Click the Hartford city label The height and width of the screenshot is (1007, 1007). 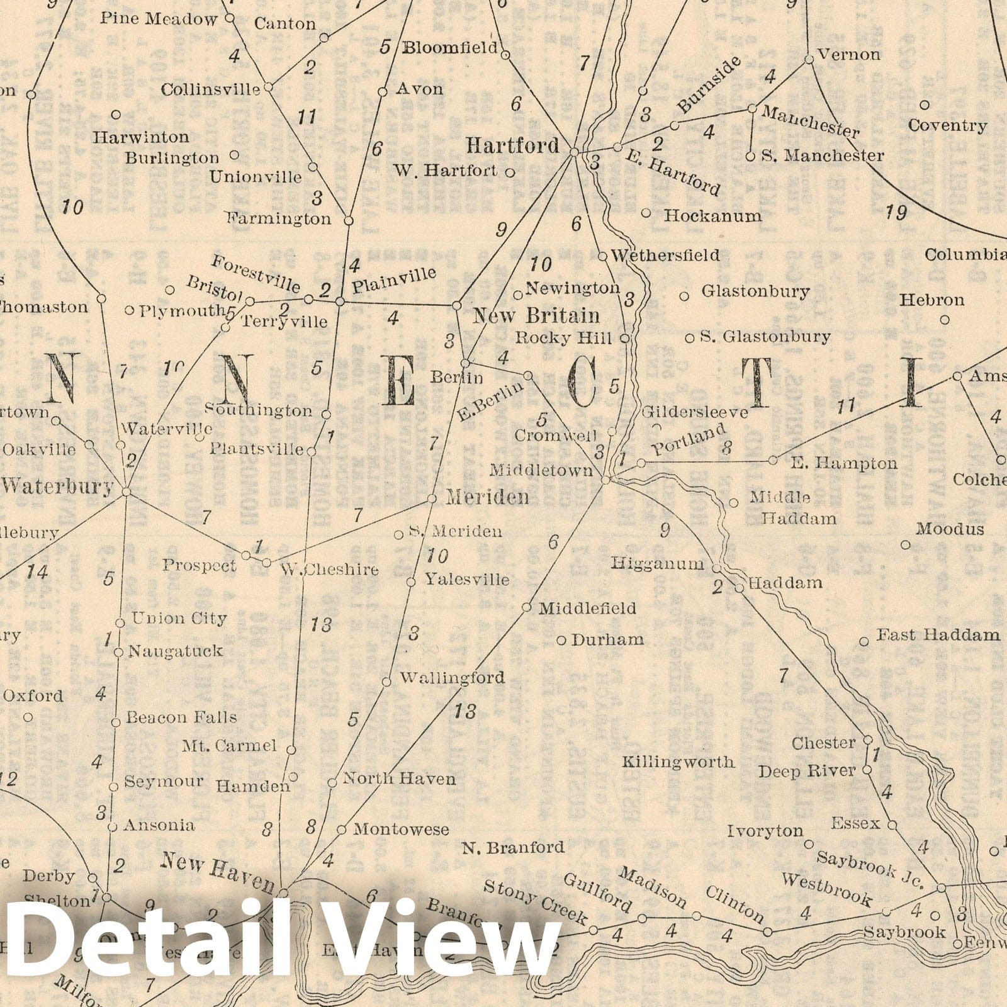coord(512,146)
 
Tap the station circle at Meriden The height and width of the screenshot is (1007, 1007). coord(432,498)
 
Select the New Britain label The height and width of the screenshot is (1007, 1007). coord(536,315)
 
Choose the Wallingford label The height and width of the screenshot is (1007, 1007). coord(452,678)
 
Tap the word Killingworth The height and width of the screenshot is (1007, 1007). coord(678,762)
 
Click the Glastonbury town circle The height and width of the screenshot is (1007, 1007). coord(685,295)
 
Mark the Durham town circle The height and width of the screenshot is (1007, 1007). coord(561,641)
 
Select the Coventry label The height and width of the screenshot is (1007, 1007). coord(947,126)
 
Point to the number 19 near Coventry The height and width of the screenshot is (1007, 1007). coord(896,213)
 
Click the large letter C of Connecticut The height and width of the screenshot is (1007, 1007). coord(583,385)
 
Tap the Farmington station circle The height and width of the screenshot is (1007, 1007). coord(349,221)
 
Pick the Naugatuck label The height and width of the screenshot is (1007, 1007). coord(176,651)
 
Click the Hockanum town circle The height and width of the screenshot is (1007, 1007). coord(646,213)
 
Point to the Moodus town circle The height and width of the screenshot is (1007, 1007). coord(906,544)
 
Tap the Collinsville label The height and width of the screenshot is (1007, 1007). coord(210,89)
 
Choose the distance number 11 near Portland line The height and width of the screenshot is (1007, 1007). coord(847,407)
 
